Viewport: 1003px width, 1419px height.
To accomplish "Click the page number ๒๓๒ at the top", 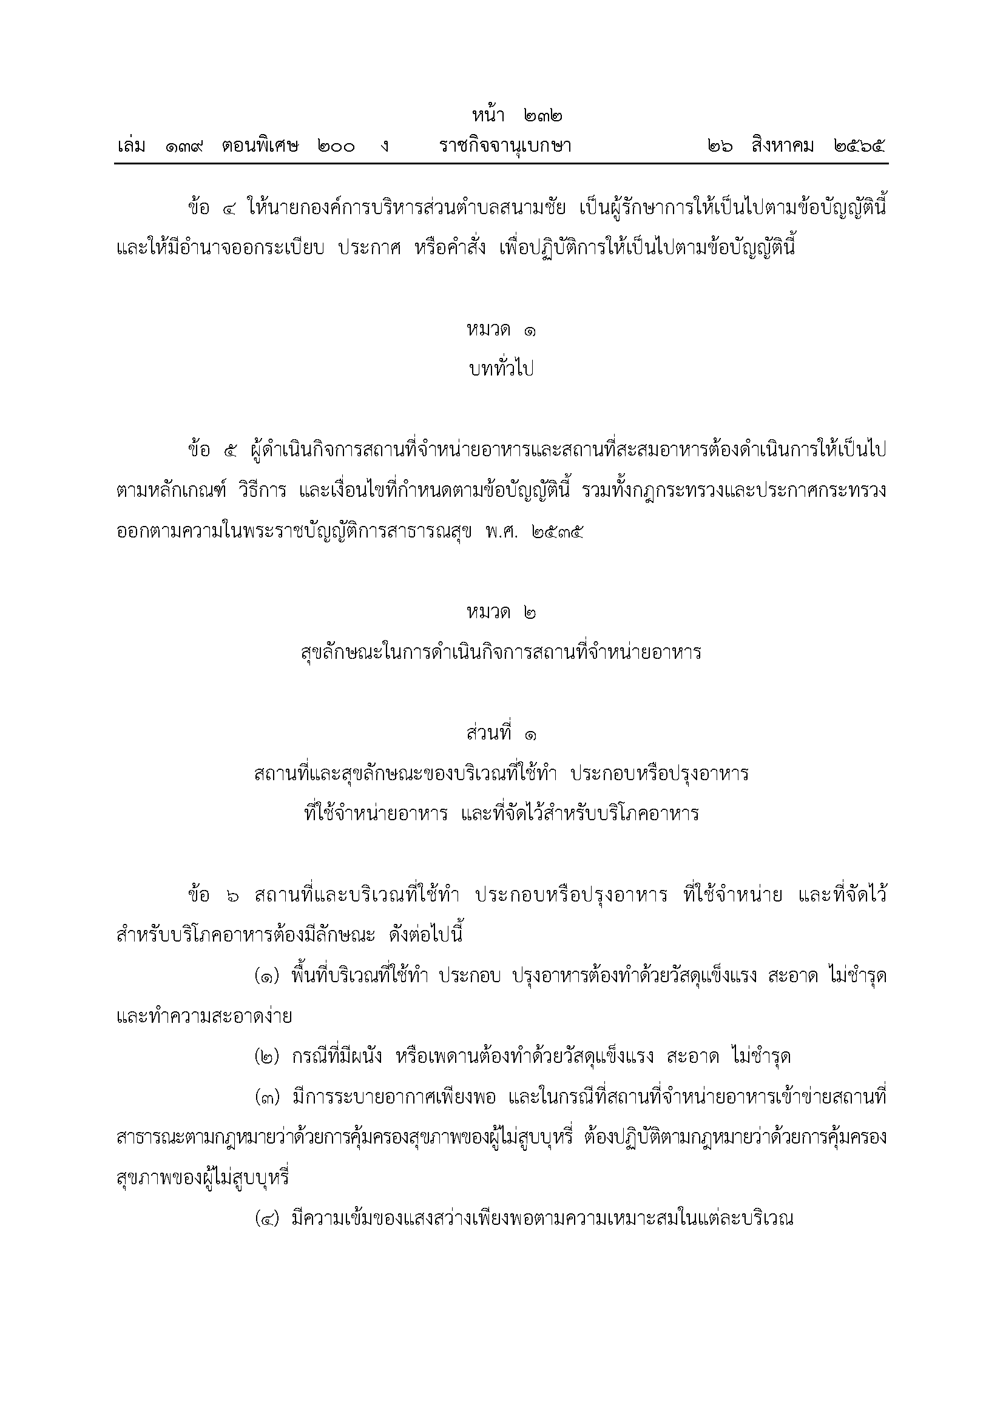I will pyautogui.click(x=545, y=116).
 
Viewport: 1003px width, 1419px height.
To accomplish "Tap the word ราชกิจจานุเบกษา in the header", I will pyautogui.click(x=505, y=147).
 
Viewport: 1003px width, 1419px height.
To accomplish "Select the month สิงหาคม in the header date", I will pyautogui.click(x=783, y=147).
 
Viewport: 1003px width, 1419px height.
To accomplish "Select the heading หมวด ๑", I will pyautogui.click(x=501, y=331).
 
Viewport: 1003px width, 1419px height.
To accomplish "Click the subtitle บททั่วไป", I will pyautogui.click(x=501, y=369).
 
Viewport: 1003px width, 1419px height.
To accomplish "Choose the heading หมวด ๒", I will pyautogui.click(x=501, y=613).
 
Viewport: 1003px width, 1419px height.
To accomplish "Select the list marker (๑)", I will pyautogui.click(x=268, y=977).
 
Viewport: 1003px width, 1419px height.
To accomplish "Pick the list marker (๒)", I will pyautogui.click(x=268, y=1057).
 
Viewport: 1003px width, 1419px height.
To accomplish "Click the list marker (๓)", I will pyautogui.click(x=268, y=1099).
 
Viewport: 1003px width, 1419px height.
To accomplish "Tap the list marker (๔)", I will pyautogui.click(x=268, y=1219).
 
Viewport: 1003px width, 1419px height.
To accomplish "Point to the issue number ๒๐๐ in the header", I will pyautogui.click(x=336, y=147).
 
